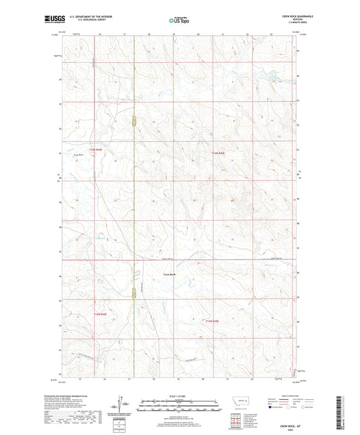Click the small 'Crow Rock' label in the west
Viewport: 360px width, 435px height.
(x=78, y=155)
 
